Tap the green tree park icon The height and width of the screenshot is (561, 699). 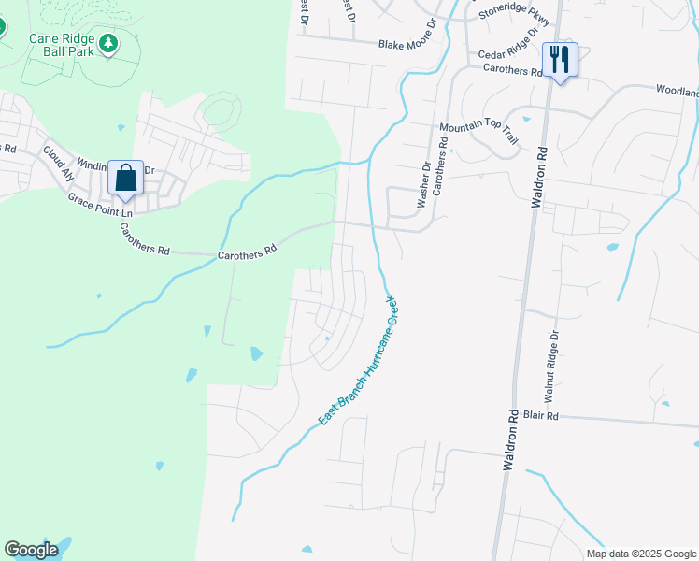(x=108, y=43)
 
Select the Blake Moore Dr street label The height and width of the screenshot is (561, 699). (x=407, y=44)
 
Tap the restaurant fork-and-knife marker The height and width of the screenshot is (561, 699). (x=560, y=60)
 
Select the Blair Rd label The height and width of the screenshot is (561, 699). (x=540, y=415)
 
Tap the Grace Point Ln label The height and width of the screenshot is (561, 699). (x=100, y=208)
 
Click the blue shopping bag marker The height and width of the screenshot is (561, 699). (x=125, y=177)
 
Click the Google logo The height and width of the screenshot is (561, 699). (x=32, y=550)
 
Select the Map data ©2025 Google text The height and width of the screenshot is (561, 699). (x=640, y=554)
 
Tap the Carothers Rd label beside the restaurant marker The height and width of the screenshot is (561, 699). (x=511, y=71)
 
